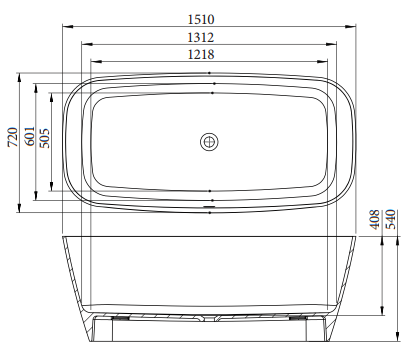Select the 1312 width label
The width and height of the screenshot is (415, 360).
coord(209,38)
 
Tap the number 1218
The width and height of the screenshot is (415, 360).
coord(209,56)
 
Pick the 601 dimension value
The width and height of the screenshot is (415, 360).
coord(29,139)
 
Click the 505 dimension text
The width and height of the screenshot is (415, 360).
coord(45,139)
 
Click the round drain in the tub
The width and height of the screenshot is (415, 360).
coord(209,141)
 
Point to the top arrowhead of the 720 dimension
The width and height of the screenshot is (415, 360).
coord(21,74)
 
